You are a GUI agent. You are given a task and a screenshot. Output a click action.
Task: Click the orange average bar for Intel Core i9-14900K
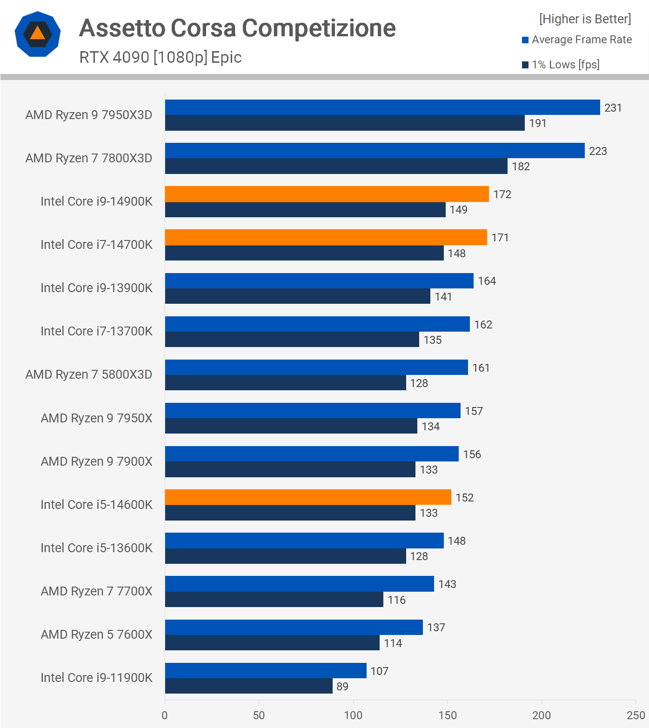327,194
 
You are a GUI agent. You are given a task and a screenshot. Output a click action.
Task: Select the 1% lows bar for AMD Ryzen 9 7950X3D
345,123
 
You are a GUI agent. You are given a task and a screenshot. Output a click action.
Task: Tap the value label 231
613,108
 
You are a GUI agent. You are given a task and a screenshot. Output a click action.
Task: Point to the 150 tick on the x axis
447,715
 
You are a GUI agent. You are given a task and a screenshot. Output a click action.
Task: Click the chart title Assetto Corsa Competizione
237,28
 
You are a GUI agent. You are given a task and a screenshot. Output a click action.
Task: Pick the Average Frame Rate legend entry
577,40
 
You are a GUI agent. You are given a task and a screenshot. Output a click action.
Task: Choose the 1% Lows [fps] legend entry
561,65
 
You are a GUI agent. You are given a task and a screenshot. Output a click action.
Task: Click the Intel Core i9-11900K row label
96,678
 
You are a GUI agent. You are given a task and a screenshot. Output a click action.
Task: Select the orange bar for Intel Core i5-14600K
308,497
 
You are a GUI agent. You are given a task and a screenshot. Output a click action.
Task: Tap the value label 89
342,687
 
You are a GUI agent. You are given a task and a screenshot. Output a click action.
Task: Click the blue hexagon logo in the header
38,34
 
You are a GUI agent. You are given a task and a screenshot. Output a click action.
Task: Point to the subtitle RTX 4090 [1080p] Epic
161,57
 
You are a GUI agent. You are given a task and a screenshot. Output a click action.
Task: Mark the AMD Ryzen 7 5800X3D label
89,374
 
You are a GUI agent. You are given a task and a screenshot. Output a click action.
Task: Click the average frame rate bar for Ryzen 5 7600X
294,627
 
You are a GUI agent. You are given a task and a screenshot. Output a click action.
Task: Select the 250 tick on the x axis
636,715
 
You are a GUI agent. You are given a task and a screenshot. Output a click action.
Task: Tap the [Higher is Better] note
585,19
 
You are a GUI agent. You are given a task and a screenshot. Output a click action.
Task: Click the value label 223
598,151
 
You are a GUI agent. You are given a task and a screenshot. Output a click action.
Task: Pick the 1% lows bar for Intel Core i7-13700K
292,340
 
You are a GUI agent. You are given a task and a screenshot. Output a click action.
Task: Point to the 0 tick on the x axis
165,715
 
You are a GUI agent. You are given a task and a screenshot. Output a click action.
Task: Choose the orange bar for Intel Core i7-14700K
326,237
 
